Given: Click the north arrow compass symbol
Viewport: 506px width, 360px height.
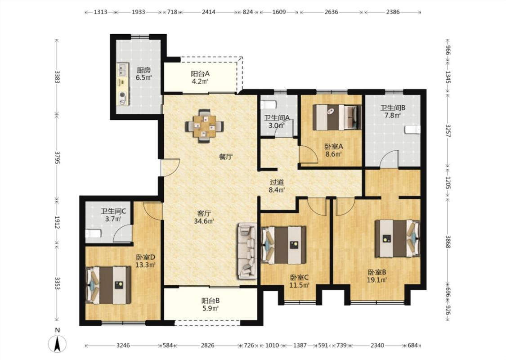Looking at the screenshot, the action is (58, 343).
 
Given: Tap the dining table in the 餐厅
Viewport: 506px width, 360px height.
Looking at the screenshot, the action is (204, 126).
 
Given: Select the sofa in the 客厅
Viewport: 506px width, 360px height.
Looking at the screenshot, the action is (247, 251).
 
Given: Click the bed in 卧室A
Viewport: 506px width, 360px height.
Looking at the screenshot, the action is (337, 117).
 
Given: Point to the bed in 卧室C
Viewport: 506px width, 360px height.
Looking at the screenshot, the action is (283, 245).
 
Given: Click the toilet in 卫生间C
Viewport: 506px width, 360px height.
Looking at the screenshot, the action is (93, 233).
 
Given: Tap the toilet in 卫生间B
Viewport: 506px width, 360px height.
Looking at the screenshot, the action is (413, 130).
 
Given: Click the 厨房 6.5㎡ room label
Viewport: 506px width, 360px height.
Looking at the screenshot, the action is (143, 74).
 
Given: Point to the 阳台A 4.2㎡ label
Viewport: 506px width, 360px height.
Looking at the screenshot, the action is (200, 77).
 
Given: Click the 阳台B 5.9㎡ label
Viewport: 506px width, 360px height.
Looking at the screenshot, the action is (210, 305).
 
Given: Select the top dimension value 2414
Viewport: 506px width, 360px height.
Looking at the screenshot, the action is (208, 12).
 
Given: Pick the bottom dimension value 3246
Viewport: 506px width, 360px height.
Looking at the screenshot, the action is (123, 346).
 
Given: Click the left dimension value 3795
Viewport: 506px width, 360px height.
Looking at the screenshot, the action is (57, 157).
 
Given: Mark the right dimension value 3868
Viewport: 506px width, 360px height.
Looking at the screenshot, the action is (448, 242).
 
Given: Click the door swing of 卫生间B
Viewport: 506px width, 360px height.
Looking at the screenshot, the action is (389, 159).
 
